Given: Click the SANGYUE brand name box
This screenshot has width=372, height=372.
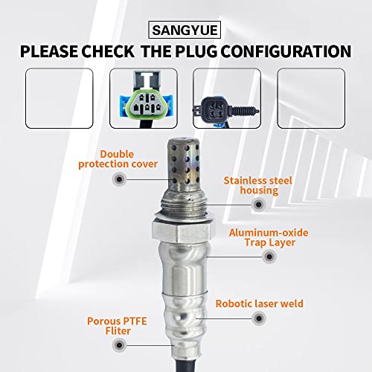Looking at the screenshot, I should (186, 31).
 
